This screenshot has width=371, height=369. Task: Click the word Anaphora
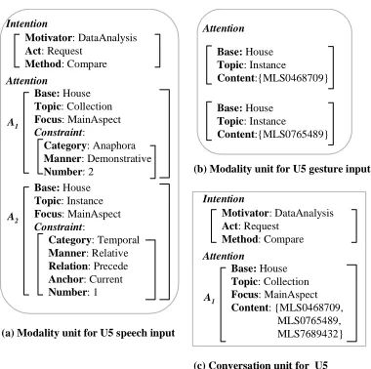114,145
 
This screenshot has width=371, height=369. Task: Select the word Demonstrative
119,159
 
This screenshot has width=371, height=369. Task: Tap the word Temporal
118,240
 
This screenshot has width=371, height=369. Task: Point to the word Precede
108,266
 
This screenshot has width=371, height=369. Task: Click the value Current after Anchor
105,279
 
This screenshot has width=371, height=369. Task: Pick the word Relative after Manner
110,253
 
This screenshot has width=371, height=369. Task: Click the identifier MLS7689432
309,334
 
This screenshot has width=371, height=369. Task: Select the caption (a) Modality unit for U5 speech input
88,333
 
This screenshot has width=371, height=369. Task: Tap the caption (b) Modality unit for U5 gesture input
282,169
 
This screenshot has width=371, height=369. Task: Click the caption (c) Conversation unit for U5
261,364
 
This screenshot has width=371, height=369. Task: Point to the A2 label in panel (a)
13,217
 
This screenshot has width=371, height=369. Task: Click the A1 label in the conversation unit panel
209,298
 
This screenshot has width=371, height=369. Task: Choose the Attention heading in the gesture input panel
224,28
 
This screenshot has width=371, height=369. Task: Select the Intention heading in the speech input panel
26,23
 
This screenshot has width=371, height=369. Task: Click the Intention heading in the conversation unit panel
224,199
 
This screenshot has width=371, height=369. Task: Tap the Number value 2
91,172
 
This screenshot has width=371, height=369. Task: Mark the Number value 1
95,292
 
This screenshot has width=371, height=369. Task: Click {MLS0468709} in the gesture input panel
293,78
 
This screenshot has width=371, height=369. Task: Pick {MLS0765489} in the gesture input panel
293,134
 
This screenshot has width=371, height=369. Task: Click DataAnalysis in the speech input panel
107,38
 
